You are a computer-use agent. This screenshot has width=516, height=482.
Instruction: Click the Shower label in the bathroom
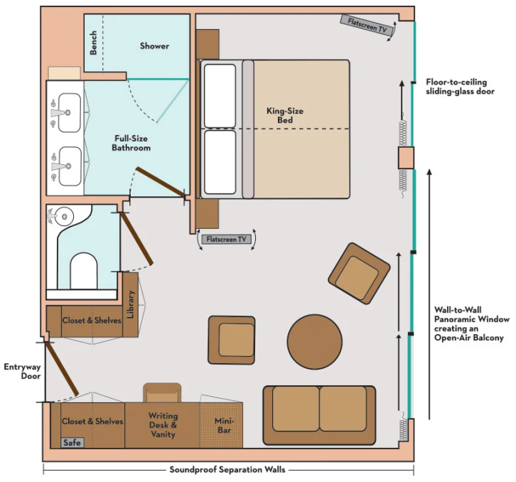pos(154,45)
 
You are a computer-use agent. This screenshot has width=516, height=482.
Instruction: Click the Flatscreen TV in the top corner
pos(367,25)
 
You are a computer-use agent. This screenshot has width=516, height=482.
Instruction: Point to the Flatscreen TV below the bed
pos(225,240)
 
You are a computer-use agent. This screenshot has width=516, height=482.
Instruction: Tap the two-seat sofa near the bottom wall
pos(319,409)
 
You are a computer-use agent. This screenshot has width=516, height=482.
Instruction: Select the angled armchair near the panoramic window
pos(359,273)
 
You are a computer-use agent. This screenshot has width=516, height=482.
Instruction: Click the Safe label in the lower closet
pos(72,442)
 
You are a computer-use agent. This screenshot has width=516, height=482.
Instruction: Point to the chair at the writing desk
pos(163,392)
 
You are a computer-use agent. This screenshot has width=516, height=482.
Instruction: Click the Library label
pos(131,304)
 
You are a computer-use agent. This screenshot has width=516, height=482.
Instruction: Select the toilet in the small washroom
pos(84,271)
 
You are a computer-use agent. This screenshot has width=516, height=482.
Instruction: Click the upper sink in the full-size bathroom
pos(68,112)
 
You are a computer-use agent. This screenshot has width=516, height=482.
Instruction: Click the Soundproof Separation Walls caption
pos(227,470)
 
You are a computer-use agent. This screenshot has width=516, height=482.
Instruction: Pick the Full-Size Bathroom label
pos(131,143)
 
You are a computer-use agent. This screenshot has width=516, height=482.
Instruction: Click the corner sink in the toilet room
pos(63,215)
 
